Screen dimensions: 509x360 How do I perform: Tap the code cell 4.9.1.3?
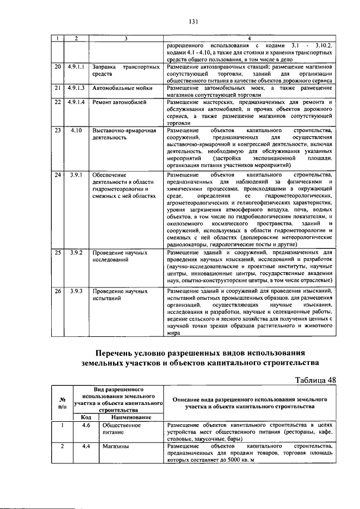click(x=75, y=88)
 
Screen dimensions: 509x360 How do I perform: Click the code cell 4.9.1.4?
click(x=75, y=102)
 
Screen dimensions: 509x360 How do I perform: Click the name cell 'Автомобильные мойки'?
click(x=119, y=88)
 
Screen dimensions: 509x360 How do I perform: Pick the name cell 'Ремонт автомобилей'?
click(x=119, y=102)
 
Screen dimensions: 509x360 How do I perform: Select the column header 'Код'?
click(x=86, y=417)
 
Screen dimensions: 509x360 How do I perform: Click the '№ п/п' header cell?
click(x=61, y=403)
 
